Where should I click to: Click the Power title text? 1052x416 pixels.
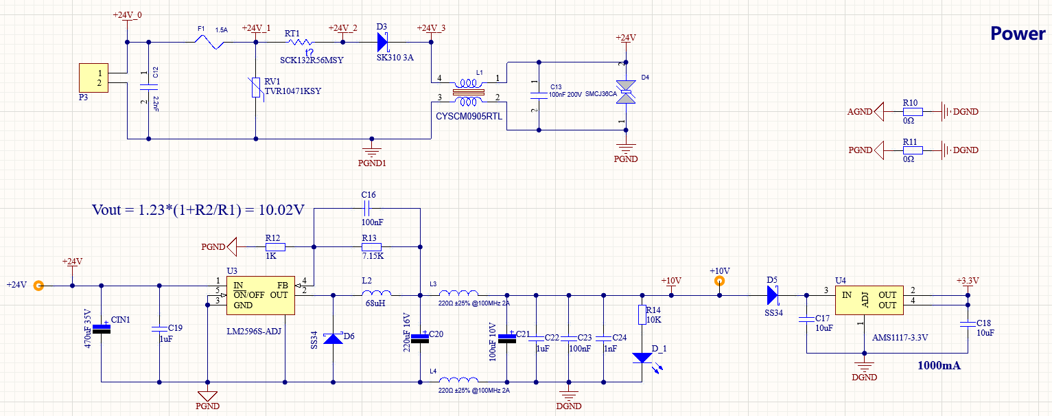click(x=1018, y=34)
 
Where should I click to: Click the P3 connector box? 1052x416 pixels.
click(x=94, y=78)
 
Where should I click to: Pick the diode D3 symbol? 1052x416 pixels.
click(x=383, y=42)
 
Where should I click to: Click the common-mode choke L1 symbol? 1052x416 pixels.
click(x=469, y=90)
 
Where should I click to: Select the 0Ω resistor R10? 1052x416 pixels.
click(x=912, y=111)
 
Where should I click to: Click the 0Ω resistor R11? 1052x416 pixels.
click(x=912, y=150)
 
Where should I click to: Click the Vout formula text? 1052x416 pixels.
click(x=198, y=210)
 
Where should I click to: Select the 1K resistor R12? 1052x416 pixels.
click(x=274, y=245)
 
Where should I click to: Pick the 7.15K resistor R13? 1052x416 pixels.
click(x=371, y=245)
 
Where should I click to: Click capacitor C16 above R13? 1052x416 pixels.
click(x=368, y=208)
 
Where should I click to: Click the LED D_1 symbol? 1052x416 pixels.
click(x=642, y=358)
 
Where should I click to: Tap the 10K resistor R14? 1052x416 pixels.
click(x=642, y=314)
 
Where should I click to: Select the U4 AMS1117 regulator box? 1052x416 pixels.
click(x=869, y=299)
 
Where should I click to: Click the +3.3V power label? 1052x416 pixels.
click(x=968, y=281)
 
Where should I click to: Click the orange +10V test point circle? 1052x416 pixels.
click(x=719, y=281)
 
